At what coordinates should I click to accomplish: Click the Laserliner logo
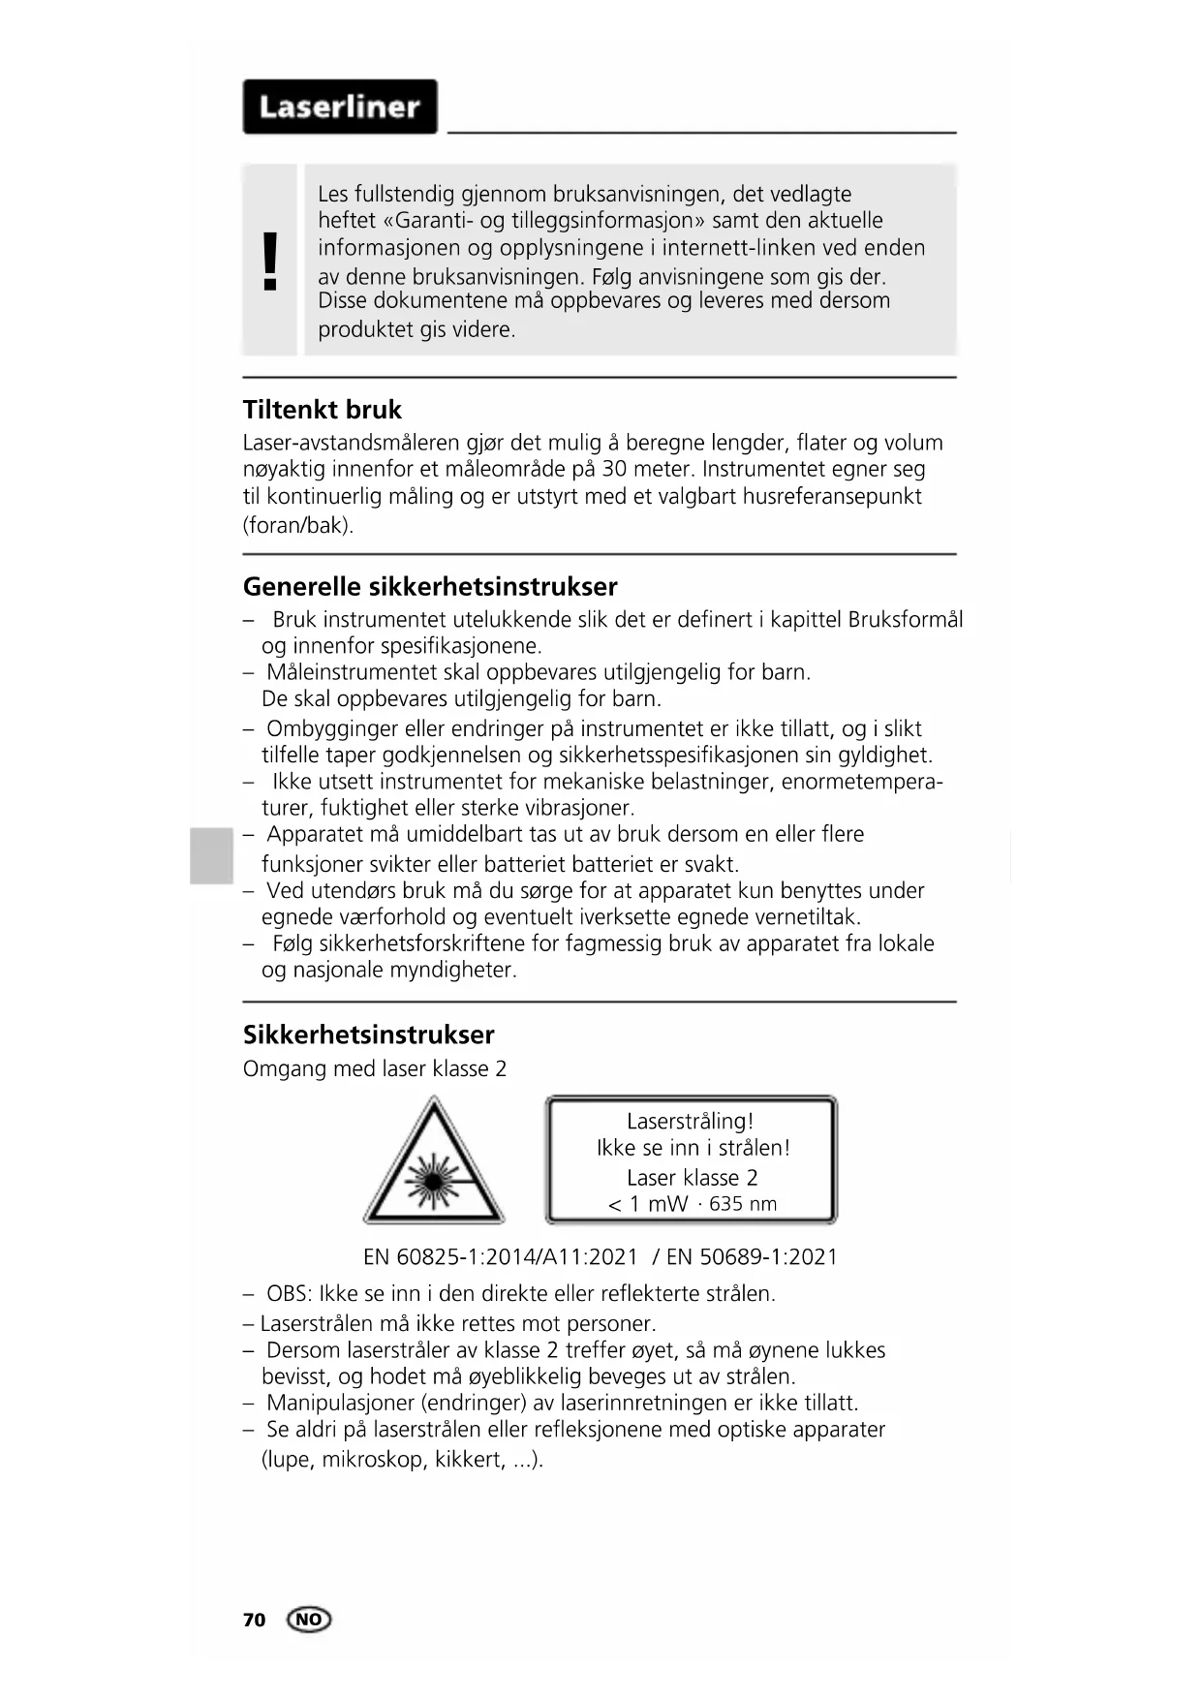click(x=340, y=107)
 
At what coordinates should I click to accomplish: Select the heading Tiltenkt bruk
click(x=322, y=410)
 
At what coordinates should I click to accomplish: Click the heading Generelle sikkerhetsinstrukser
click(x=430, y=587)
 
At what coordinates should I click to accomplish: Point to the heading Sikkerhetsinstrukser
click(x=368, y=1035)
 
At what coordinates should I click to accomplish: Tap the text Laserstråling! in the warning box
click(x=690, y=1122)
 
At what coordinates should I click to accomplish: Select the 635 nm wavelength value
click(x=743, y=1204)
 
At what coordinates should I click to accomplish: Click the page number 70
click(x=254, y=1620)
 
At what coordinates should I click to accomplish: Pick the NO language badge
click(x=309, y=1620)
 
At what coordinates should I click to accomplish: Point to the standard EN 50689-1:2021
click(x=752, y=1257)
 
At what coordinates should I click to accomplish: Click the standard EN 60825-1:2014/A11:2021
click(x=501, y=1257)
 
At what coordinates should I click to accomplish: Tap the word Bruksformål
click(x=905, y=620)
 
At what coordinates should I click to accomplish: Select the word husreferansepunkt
click(x=832, y=497)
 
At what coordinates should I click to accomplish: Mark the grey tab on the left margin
click(x=211, y=855)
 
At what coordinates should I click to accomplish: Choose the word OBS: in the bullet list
click(x=289, y=1294)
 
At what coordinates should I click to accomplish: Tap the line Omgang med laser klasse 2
click(x=375, y=1069)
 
